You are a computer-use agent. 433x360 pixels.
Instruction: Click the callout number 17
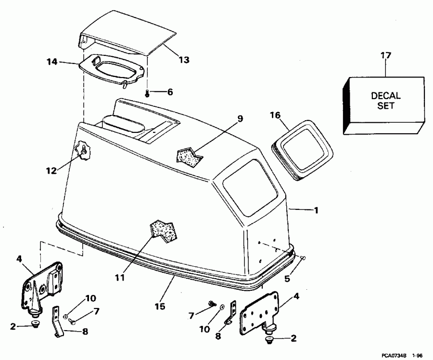tap(386, 56)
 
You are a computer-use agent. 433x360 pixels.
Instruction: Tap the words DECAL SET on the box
tap(386, 101)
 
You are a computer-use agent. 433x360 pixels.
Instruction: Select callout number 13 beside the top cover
tap(184, 60)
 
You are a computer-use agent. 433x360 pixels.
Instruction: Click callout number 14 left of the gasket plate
tap(52, 61)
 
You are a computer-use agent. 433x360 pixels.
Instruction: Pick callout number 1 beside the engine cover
tap(316, 210)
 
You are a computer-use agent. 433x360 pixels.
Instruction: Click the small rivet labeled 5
tap(303, 258)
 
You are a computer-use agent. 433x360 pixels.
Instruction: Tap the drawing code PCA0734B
tap(398, 354)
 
